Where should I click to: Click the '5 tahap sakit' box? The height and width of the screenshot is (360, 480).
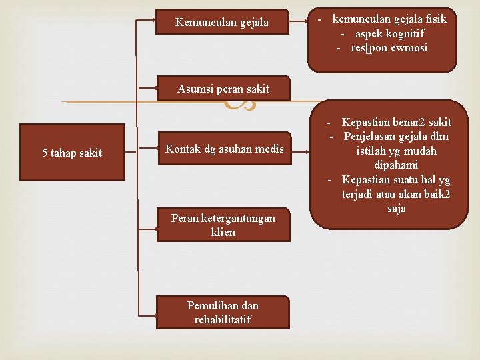tap(72, 153)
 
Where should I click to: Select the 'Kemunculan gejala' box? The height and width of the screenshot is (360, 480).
tap(222, 23)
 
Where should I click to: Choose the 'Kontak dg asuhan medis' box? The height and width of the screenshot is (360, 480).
tap(224, 149)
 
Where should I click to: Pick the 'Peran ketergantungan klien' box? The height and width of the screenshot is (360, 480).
tap(223, 225)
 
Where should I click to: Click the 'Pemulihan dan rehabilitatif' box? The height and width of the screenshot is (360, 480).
tap(223, 312)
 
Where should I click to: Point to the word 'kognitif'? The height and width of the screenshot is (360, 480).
tap(403, 33)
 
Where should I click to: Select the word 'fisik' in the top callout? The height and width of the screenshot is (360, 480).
tap(434, 19)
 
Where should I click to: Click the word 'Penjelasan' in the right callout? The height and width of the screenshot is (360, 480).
tap(368, 137)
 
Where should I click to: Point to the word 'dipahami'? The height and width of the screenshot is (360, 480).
tap(396, 165)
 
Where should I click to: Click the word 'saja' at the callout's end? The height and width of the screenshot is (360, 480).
tap(396, 209)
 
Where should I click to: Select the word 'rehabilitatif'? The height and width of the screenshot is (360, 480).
tap(223, 319)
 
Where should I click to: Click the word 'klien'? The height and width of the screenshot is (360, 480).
tap(223, 232)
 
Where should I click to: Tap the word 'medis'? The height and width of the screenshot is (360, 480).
tap(269, 149)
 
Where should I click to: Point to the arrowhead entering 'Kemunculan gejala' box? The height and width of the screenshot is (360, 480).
tap(153, 20)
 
